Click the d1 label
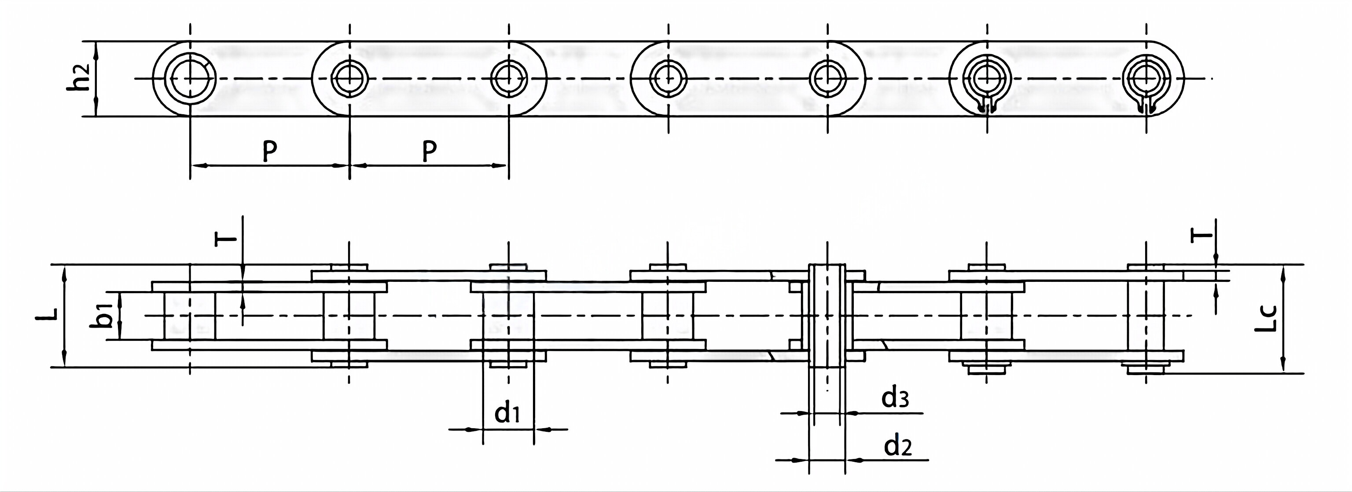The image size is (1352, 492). (507, 413)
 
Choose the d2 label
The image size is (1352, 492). (898, 446)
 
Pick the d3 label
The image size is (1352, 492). (895, 398)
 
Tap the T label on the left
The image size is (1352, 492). (226, 239)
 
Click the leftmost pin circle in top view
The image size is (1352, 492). (190, 79)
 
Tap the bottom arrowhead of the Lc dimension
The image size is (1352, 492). (1283, 367)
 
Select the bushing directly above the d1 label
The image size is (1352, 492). (508, 316)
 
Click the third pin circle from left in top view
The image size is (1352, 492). (508, 79)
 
